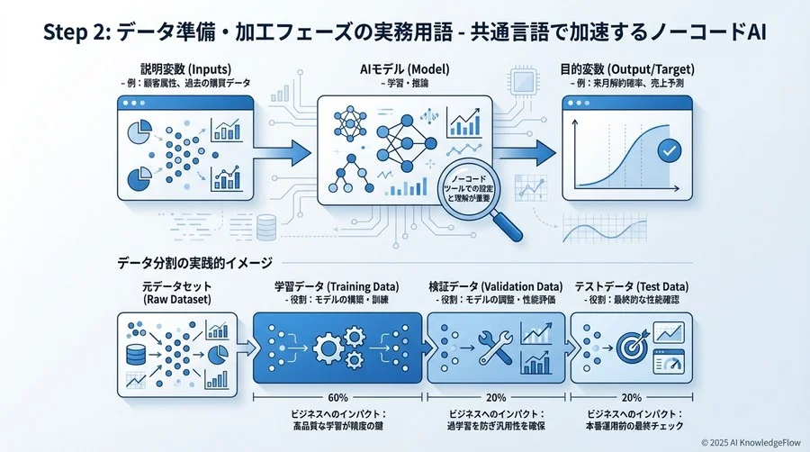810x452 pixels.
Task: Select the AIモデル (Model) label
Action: tap(405, 69)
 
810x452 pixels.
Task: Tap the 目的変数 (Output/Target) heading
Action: tap(628, 69)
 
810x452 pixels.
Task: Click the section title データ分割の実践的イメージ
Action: tap(194, 263)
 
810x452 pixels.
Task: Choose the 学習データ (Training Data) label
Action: tap(337, 285)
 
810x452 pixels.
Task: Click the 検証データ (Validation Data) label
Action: tap(496, 285)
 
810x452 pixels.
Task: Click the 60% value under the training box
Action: tap(337, 397)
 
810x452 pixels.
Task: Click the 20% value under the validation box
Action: tap(496, 397)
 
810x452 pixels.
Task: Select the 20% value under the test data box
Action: tap(632, 397)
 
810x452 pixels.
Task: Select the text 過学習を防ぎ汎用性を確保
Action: tap(496, 426)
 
